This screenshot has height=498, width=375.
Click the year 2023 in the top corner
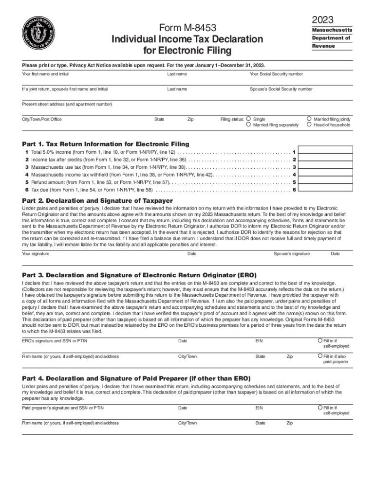coord(322,19)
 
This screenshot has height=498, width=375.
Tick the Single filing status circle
coord(249,119)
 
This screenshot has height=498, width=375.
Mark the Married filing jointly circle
coord(309,119)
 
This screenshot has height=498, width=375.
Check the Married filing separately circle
coord(249,125)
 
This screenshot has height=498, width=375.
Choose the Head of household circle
coord(309,125)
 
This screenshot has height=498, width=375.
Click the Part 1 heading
coord(106,144)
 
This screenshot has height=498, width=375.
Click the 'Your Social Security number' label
coord(276,74)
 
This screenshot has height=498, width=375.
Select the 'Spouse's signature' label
coord(291,254)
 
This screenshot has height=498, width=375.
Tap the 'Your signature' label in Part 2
coord(36,254)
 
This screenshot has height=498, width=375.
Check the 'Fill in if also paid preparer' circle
coord(319,356)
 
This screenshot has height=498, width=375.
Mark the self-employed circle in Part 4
coord(319,407)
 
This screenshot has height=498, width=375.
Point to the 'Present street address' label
coord(67,105)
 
